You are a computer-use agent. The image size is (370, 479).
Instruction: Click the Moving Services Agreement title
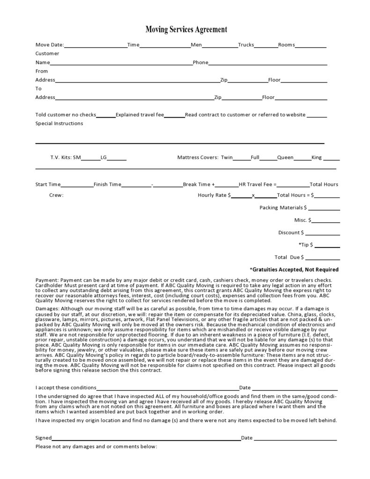[186, 30]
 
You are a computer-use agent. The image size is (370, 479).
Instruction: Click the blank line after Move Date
[96, 46]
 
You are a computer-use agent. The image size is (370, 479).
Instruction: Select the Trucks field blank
[266, 46]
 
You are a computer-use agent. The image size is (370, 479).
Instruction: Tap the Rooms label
[286, 45]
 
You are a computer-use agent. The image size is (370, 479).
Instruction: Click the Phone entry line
[267, 63]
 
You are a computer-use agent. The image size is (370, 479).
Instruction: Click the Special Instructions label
[59, 124]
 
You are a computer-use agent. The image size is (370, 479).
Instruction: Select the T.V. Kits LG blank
[117, 159]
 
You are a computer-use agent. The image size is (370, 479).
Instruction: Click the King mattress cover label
[317, 158]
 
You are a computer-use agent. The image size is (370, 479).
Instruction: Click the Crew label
[56, 195]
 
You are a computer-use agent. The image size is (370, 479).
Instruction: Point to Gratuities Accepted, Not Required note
[294, 270]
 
